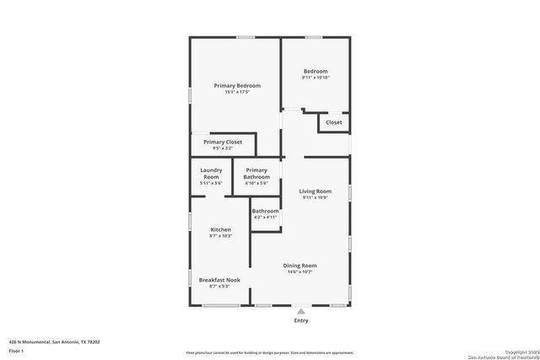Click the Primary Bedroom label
coord(236,86)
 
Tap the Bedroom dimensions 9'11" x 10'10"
coord(315,78)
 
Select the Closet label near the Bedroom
coord(334,122)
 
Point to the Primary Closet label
coord(222,142)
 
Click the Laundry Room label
coord(211,173)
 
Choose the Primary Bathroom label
coord(256,174)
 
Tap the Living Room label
coord(316,191)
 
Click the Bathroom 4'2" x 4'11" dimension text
coord(265,218)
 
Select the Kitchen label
coord(220,230)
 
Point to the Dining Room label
coord(300,266)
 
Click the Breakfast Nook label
coord(219,280)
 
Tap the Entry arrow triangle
coord(301,311)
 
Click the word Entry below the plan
coord(301,320)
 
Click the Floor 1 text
coord(16,350)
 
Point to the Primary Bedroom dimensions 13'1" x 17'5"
coord(236,93)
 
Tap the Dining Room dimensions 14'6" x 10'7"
coord(300,272)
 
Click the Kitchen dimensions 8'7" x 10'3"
coord(220,236)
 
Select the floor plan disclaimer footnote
coord(270,352)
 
